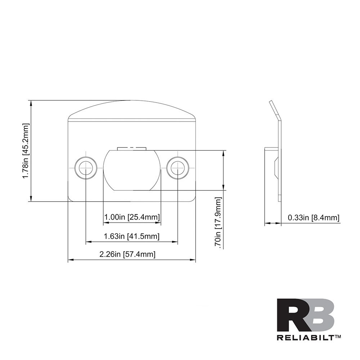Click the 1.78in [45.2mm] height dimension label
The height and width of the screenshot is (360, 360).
click(26, 151)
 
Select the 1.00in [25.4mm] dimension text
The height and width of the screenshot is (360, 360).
click(132, 217)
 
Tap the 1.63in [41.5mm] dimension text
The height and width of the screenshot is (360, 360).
click(132, 236)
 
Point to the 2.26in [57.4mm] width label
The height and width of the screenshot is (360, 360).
click(127, 254)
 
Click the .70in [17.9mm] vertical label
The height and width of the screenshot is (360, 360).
click(218, 222)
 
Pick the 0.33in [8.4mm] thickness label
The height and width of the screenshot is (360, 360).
click(314, 217)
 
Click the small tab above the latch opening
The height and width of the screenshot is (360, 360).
click(131, 148)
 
